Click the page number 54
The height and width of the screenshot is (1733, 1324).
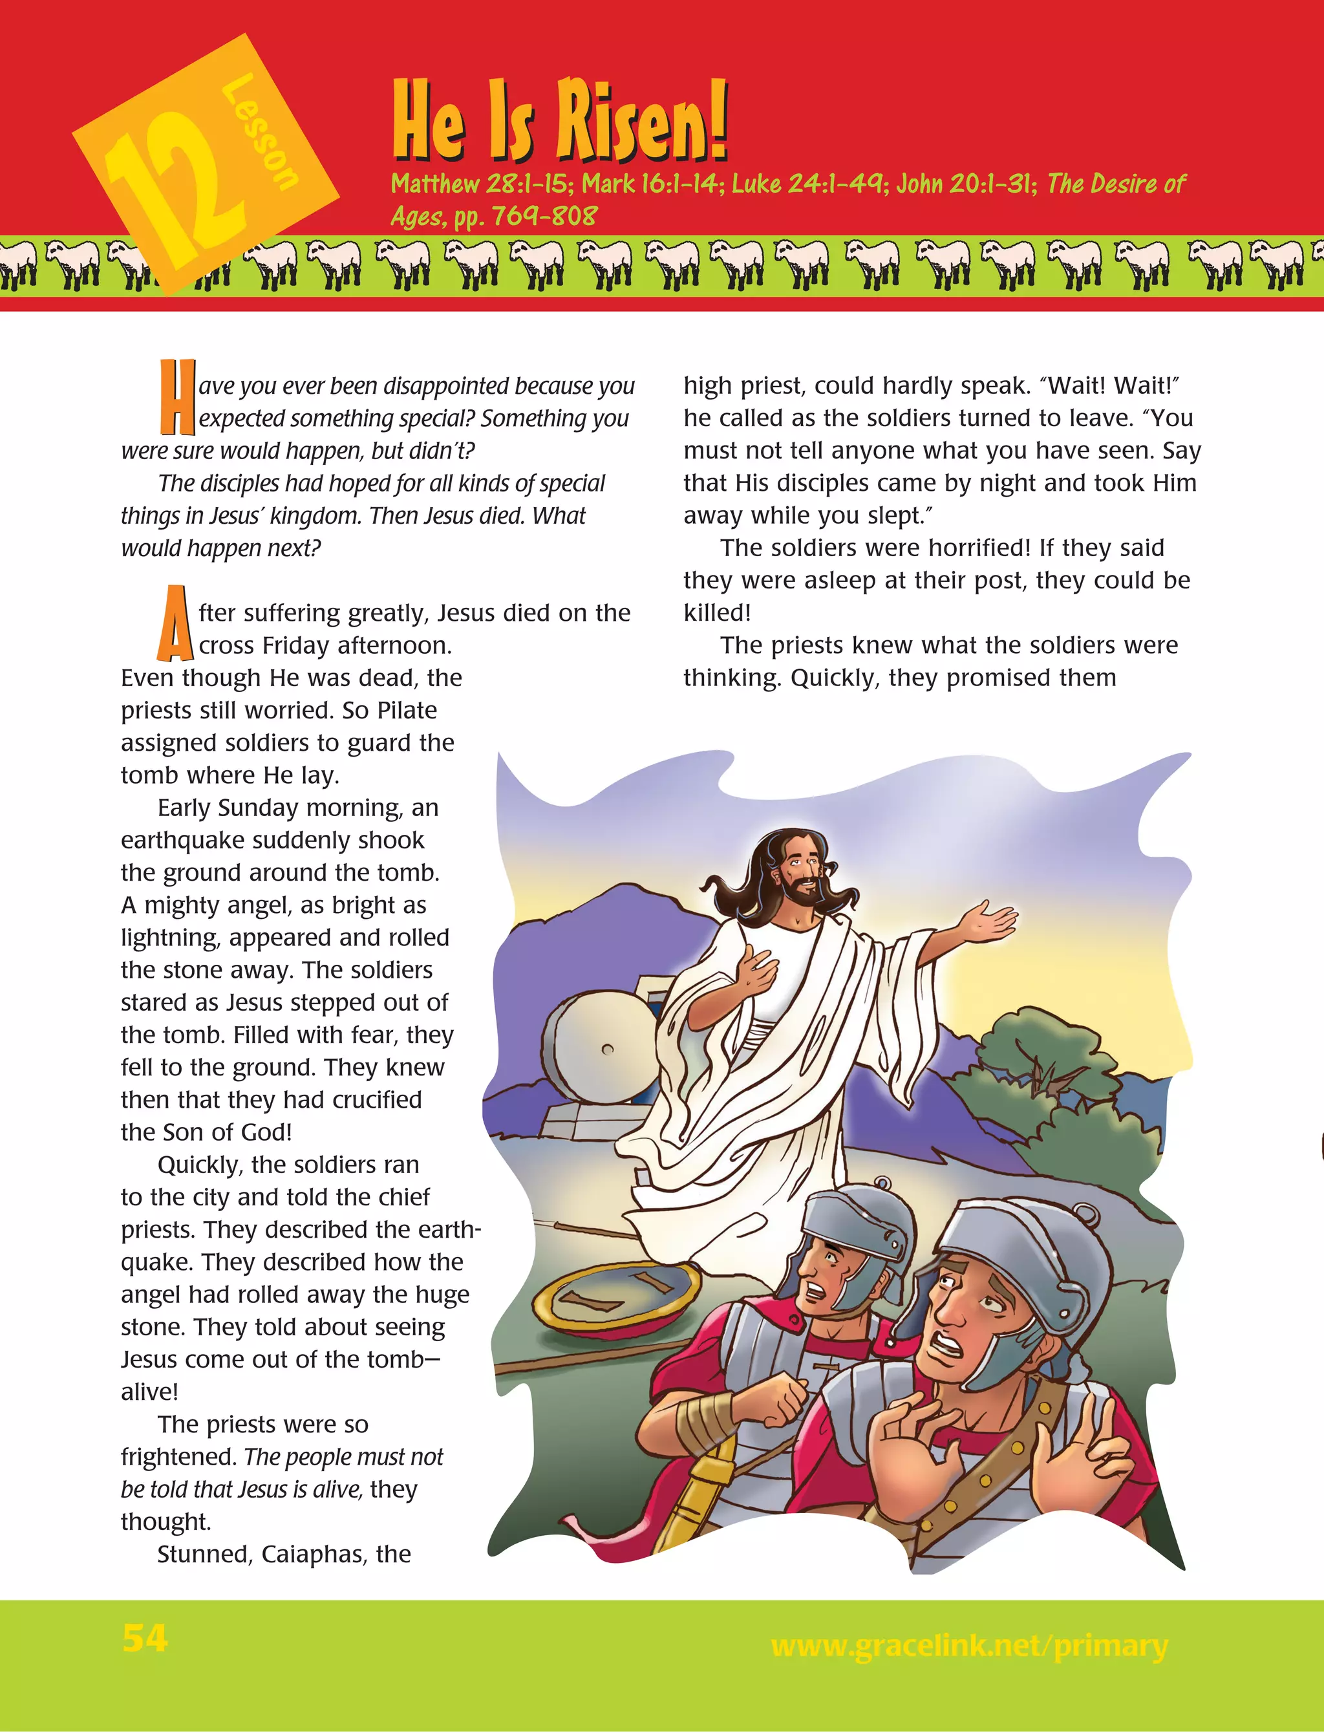pyautogui.click(x=145, y=1639)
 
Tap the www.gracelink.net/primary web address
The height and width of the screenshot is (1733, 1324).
pyautogui.click(x=968, y=1645)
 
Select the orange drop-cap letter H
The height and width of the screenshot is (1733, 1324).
pyautogui.click(x=176, y=397)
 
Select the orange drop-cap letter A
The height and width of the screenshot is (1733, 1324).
pyautogui.click(x=174, y=623)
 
